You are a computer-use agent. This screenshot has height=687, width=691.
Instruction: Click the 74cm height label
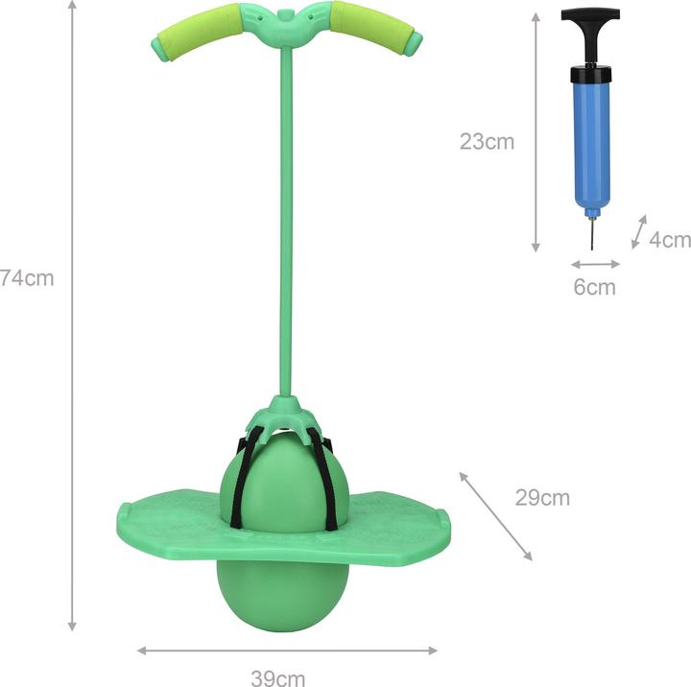click(x=26, y=278)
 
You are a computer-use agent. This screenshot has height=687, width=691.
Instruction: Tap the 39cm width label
click(x=277, y=678)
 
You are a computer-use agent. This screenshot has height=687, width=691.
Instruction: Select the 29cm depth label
click(x=542, y=497)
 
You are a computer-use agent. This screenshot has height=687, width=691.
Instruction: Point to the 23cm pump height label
click(x=487, y=142)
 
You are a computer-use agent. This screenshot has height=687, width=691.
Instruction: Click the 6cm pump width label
click(x=594, y=286)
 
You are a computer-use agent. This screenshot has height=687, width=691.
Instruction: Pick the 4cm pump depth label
click(x=669, y=239)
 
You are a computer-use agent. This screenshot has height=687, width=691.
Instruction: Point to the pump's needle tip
click(x=592, y=244)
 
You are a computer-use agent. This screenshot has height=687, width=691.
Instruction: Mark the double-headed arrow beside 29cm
click(x=495, y=515)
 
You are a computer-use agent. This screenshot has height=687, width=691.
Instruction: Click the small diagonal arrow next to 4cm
click(x=638, y=232)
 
